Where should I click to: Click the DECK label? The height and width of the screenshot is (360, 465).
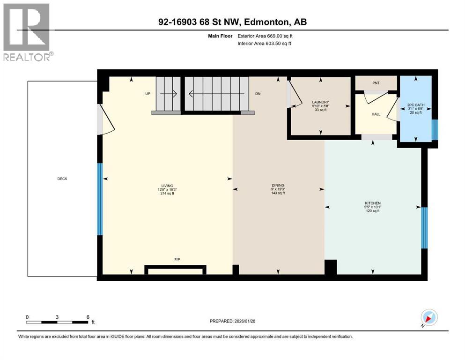[62, 178]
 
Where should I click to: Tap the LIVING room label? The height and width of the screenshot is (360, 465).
[167, 185]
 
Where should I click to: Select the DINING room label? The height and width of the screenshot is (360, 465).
[278, 185]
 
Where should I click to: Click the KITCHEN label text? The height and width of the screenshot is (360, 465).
[373, 203]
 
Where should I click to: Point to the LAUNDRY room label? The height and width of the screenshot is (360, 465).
[321, 102]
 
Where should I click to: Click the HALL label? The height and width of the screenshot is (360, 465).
[376, 114]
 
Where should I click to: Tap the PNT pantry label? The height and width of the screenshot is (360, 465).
[376, 82]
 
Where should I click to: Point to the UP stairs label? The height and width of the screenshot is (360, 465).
[148, 94]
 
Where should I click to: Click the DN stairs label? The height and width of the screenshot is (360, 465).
[258, 94]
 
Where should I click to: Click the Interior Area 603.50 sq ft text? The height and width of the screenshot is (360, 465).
[265, 44]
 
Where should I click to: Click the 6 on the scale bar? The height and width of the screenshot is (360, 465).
[88, 317]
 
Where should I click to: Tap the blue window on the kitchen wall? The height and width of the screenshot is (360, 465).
[424, 228]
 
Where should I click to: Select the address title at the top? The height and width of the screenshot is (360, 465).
[232, 22]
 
